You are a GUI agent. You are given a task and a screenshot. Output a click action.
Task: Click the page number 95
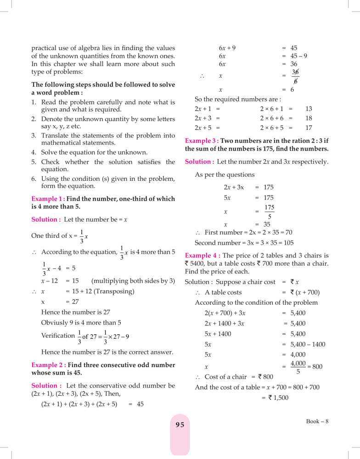click(180, 425)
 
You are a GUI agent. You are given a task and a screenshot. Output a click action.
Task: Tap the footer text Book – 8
click(318, 421)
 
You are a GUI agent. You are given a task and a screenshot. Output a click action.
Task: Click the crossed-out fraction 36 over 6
click(295, 76)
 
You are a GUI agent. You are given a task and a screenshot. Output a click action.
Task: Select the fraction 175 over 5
click(270, 212)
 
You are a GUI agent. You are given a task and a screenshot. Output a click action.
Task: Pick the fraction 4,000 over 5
click(298, 367)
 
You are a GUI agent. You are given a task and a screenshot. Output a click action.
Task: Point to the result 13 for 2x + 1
click(309, 109)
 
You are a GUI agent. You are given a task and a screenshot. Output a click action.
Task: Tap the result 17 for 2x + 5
click(309, 128)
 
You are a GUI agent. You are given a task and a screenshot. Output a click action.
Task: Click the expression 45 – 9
click(299, 56)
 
